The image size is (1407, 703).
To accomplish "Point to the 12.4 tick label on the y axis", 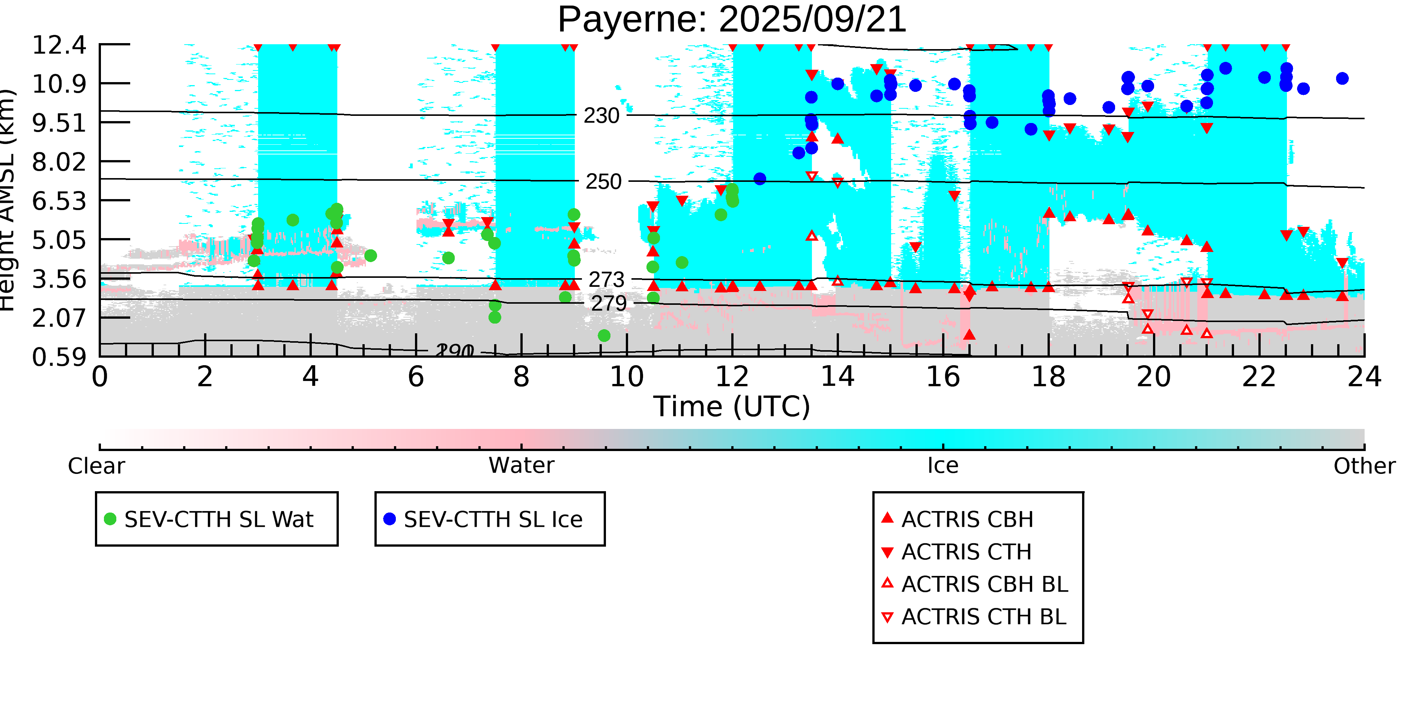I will (59, 45).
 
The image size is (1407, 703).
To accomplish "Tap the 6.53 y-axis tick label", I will (59, 201).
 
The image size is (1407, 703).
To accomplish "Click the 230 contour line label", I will (601, 116).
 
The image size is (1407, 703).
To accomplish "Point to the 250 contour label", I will (604, 182).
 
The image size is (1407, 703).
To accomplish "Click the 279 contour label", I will (609, 303).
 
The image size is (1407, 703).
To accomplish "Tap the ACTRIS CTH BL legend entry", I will (983, 617).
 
